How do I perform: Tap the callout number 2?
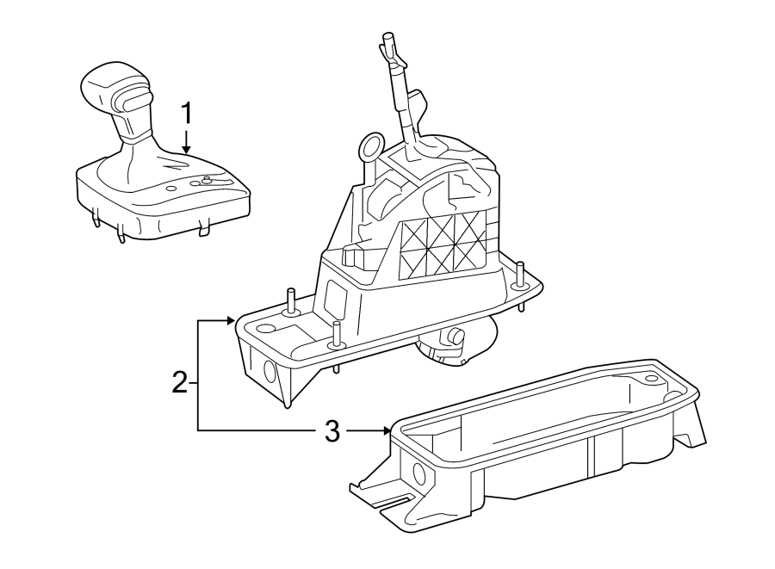coord(179,381)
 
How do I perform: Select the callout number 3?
coord(332,430)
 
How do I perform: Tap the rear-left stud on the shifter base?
coord(291,299)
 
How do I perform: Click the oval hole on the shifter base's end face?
coord(270,371)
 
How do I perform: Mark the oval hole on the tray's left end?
coord(418,473)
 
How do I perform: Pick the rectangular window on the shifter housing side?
coord(337,300)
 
